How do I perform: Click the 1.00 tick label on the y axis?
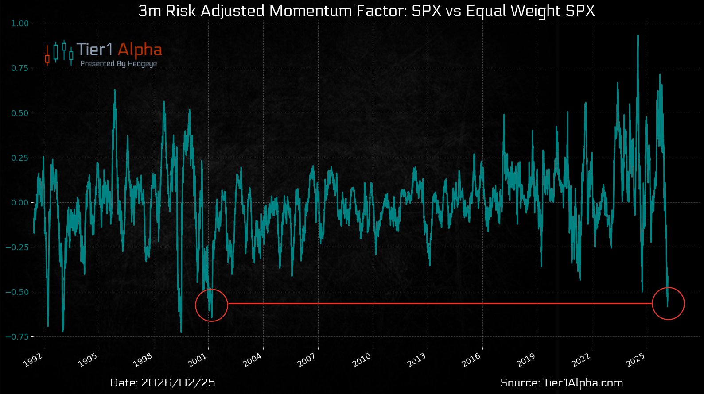[x=20, y=23]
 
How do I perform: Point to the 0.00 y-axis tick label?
[x=20, y=202]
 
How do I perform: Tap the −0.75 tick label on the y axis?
[x=17, y=336]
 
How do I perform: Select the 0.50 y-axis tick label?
[x=20, y=113]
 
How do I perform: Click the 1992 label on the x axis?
[x=33, y=360]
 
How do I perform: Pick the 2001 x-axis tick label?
[x=198, y=360]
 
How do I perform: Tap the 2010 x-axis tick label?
[x=362, y=360]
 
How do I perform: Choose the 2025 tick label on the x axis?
[x=636, y=360]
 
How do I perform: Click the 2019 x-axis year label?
[x=526, y=360]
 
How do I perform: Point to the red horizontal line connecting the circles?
[x=439, y=303]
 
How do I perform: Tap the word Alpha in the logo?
[x=140, y=50]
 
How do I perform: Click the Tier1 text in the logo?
[x=94, y=50]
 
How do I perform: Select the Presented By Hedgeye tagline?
[x=118, y=64]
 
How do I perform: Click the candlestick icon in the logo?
[x=59, y=53]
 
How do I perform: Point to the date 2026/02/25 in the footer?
[x=178, y=383]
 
